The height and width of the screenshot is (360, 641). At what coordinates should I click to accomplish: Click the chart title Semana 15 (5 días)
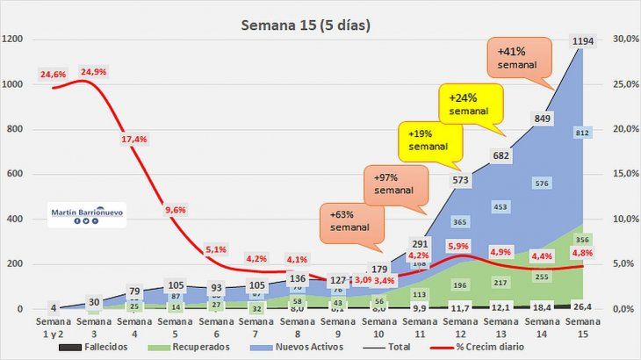pyautogui.click(x=306, y=25)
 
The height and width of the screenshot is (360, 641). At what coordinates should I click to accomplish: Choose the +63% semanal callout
pyautogui.click(x=350, y=220)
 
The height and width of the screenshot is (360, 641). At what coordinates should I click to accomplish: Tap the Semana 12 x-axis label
pyautogui.click(x=461, y=330)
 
